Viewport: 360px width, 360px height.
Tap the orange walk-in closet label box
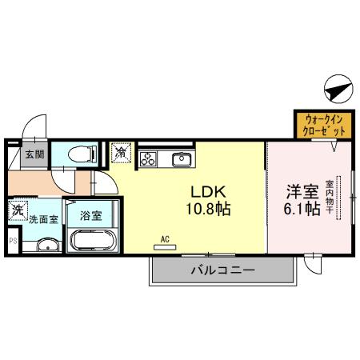pyautogui.click(x=324, y=125)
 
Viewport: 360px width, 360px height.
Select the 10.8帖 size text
pyautogui.click(x=209, y=210)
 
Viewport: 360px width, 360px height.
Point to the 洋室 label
pyautogui.click(x=302, y=192)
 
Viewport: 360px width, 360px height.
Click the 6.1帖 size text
pyautogui.click(x=302, y=210)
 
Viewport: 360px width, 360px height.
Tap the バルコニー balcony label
pyautogui.click(x=222, y=271)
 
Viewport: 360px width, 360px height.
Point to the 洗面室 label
pyautogui.click(x=43, y=218)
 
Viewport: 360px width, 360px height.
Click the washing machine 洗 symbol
pyautogui.click(x=17, y=212)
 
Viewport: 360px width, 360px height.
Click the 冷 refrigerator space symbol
pyautogui.click(x=120, y=151)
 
